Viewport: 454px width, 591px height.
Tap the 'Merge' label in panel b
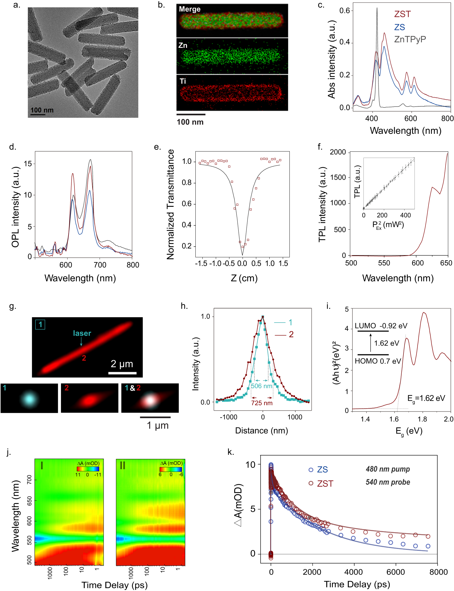[190, 9]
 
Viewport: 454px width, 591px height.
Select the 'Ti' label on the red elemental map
[183, 81]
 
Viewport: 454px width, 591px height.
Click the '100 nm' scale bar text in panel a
[42, 110]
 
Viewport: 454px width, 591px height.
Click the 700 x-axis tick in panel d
[100, 265]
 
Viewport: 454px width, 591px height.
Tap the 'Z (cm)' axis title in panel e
[244, 278]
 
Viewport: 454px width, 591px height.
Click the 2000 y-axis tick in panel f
[337, 152]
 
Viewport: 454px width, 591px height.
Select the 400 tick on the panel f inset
[405, 215]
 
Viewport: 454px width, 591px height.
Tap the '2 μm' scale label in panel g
[122, 364]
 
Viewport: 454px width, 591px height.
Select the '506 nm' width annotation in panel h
[261, 386]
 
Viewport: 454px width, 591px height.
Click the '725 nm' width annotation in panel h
[262, 403]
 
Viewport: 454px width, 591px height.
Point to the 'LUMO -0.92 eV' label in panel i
[381, 326]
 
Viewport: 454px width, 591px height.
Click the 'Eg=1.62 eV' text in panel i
[426, 398]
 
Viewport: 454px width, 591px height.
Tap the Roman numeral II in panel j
[122, 465]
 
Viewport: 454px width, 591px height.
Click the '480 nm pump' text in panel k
[388, 469]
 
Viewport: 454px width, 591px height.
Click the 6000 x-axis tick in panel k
[395, 572]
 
